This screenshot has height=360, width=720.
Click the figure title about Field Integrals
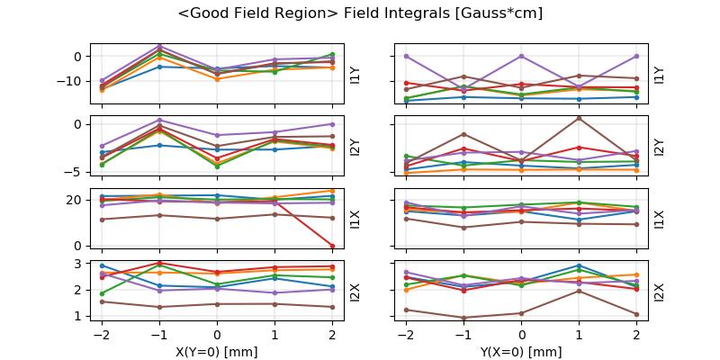pos(360,13)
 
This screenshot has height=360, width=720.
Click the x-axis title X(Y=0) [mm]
pos(217,352)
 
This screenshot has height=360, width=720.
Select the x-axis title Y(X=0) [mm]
pos(522,352)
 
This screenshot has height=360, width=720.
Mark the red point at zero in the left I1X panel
pos(332,246)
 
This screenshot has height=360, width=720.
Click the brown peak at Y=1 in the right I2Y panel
pos(579,118)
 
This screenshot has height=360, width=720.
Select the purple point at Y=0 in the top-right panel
pos(522,56)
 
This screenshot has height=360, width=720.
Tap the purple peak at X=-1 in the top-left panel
pos(159,46)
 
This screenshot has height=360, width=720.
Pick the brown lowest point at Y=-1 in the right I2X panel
pos(463,318)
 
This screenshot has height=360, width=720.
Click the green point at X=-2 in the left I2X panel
pos(102,293)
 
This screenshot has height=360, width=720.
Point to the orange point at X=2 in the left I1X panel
pos(332,191)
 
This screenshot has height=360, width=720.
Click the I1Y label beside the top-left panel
pos(355,75)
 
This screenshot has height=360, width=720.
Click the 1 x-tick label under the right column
pos(579,336)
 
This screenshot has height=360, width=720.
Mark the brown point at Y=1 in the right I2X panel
pos(579,291)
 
